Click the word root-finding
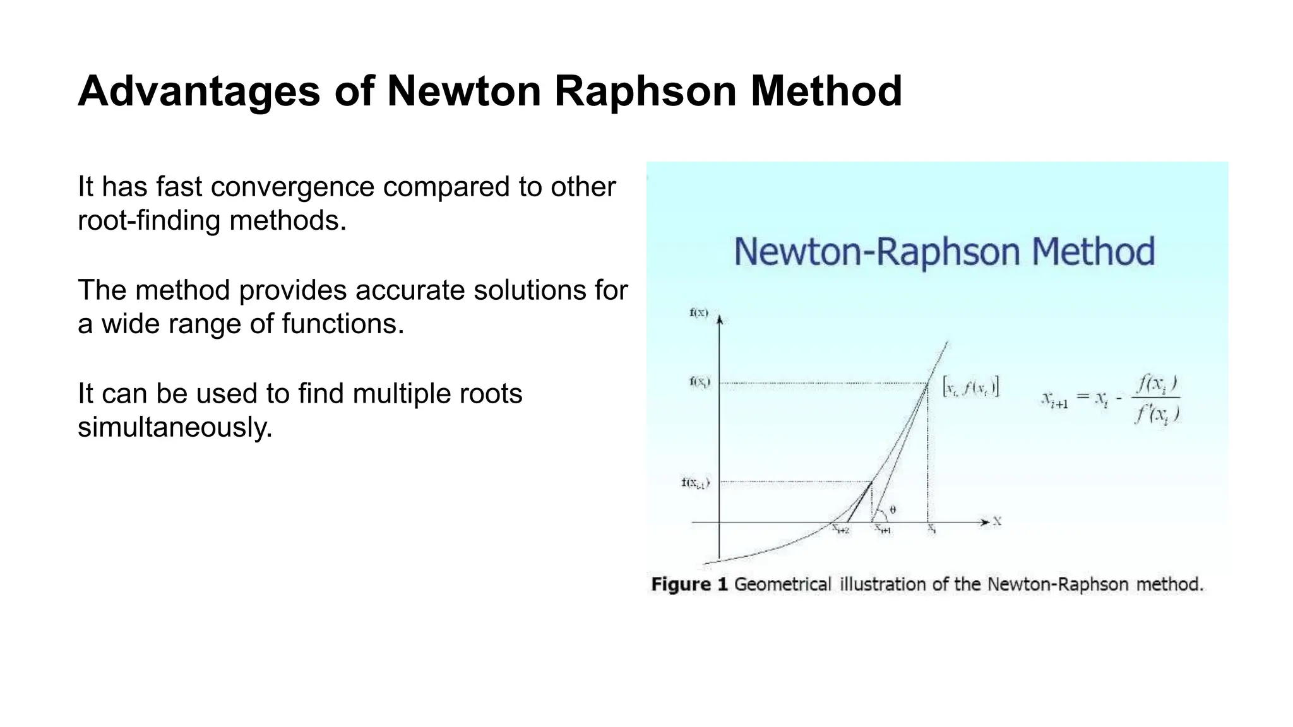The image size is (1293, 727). tap(149, 221)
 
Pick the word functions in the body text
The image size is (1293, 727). tap(342, 324)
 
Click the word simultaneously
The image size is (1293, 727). tap(175, 427)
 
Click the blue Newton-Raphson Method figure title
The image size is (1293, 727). tap(944, 252)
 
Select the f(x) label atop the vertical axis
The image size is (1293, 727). tap(699, 313)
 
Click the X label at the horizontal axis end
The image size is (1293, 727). tap(997, 521)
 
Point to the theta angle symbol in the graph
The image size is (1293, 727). tap(892, 509)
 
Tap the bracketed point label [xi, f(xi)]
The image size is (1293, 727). tap(970, 386)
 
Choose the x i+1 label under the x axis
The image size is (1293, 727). tap(883, 530)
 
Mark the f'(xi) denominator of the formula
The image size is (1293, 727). tap(1157, 414)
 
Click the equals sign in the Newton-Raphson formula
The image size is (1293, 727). tap(1082, 398)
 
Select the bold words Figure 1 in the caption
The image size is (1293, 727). tap(689, 584)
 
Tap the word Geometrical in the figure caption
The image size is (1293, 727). tap(782, 584)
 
